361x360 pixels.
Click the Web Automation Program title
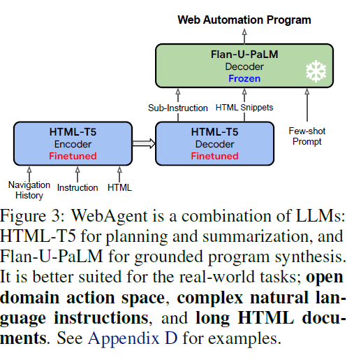tap(244, 20)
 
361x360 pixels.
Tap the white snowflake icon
tap(316, 71)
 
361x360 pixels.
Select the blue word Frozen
tap(244, 78)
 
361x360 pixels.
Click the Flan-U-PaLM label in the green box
tap(244, 55)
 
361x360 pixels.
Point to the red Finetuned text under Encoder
tap(73, 156)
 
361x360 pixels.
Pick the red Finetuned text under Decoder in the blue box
tap(214, 156)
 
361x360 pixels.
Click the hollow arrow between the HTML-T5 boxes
tap(144, 143)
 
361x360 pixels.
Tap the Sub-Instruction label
tap(178, 108)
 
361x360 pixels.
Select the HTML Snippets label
tap(244, 108)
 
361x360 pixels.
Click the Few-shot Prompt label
tap(307, 136)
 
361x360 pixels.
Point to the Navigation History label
tap(29, 190)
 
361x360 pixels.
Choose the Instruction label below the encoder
tap(78, 187)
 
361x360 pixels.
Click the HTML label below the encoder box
tap(119, 187)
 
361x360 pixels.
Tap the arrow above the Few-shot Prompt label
tap(307, 105)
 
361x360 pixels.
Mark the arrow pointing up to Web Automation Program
tap(244, 36)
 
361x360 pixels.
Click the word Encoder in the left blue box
tap(73, 144)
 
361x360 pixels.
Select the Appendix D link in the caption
tap(133, 338)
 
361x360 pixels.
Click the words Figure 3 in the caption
tap(32, 215)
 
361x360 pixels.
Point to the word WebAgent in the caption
tap(109, 215)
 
